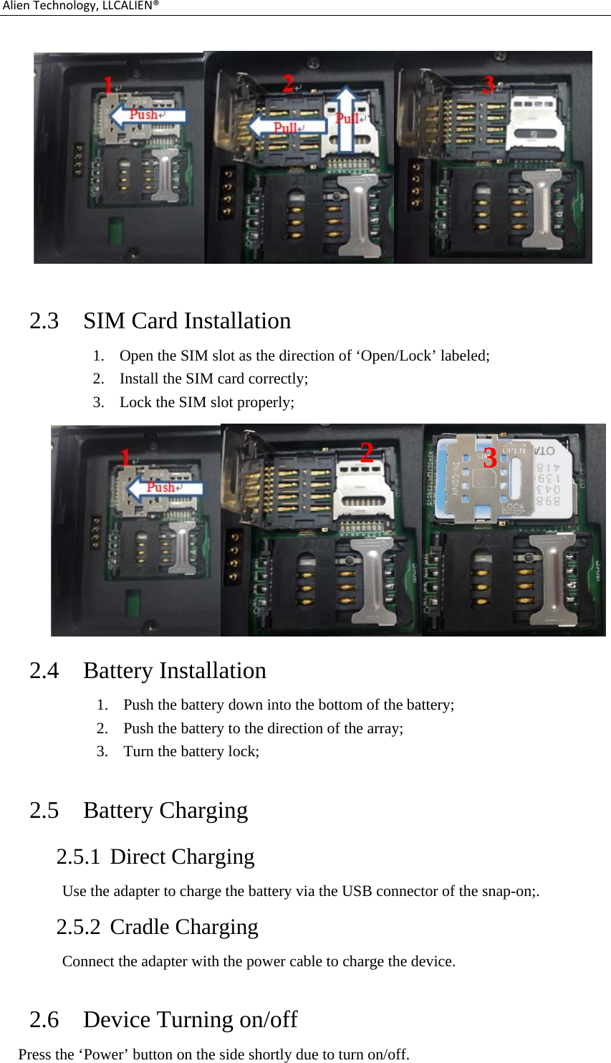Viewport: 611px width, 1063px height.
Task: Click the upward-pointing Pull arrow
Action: tap(347, 118)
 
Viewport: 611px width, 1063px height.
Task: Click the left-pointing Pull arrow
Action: tap(286, 127)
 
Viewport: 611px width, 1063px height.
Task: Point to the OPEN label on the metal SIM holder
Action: tap(514, 451)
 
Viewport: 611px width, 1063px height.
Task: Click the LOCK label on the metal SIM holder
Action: tap(513, 506)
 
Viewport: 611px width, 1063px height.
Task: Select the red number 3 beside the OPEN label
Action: tap(490, 458)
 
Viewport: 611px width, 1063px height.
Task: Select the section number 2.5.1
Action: tap(78, 857)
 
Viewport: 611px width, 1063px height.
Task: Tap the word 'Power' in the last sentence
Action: tap(105, 1054)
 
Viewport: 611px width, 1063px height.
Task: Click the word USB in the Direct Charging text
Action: tap(356, 891)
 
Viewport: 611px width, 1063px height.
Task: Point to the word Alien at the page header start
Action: tap(15, 6)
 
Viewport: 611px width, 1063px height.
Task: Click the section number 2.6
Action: tap(44, 1019)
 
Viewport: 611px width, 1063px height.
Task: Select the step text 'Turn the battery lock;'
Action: tap(191, 751)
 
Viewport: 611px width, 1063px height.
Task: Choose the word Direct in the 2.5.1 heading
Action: tap(138, 857)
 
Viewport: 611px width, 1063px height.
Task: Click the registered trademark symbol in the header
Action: tap(155, 4)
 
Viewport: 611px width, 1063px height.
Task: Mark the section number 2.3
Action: tap(44, 320)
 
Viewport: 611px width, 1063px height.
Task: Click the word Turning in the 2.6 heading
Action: tap(198, 1019)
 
